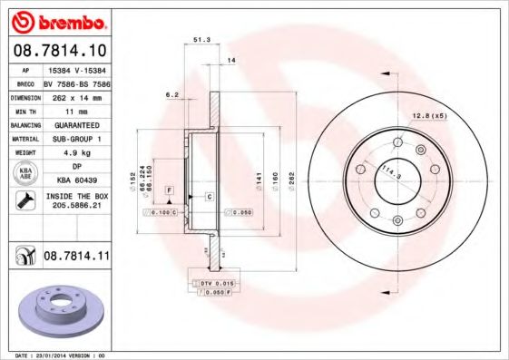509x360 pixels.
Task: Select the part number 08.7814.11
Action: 76,258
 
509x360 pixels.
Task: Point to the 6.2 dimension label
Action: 171,93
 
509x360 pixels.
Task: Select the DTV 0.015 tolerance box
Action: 210,285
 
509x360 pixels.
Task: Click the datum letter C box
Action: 209,196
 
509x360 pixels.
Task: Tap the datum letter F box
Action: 168,189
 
